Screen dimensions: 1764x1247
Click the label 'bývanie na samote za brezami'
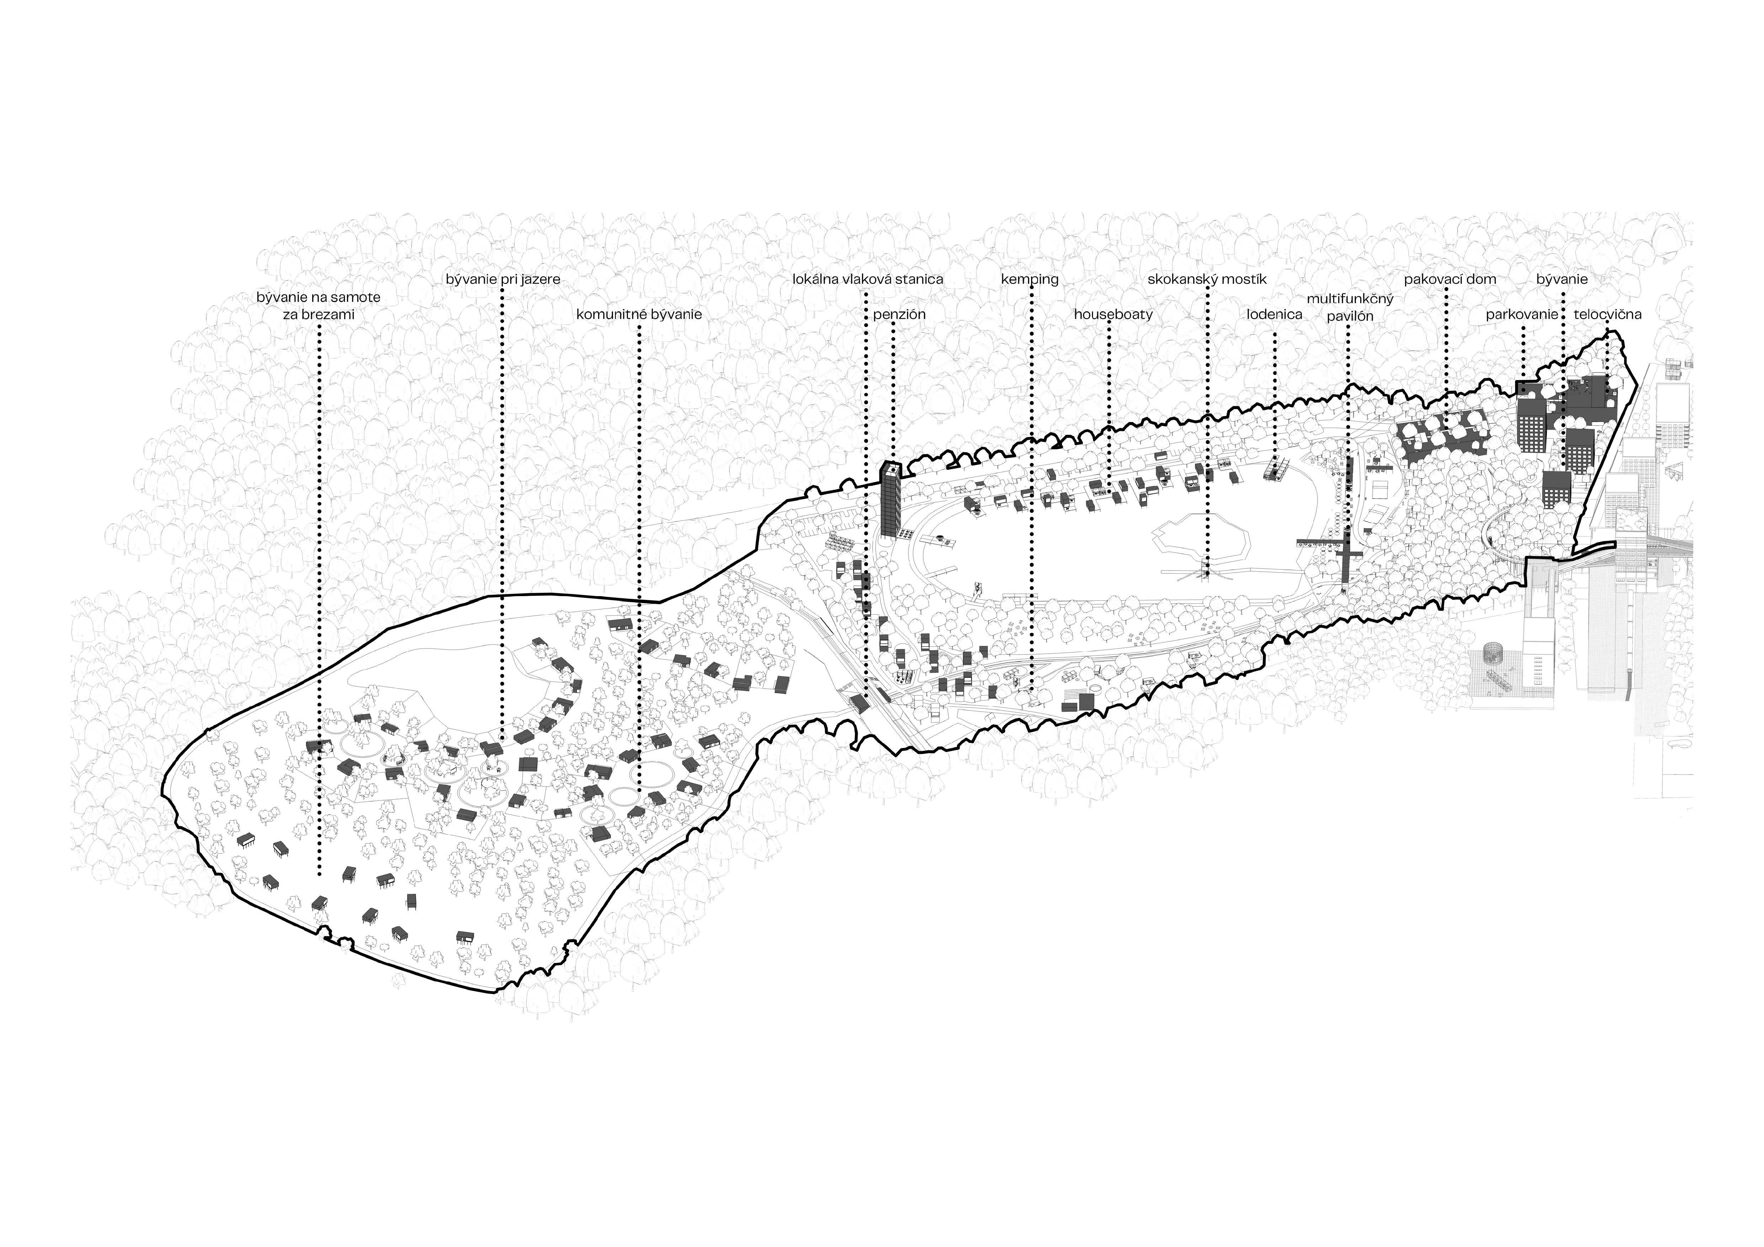(318, 306)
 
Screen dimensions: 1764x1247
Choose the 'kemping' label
(1029, 279)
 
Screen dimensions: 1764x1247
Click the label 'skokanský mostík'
(1207, 279)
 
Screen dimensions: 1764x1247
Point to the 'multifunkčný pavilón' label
(1350, 307)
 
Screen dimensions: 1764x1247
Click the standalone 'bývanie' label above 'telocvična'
(1562, 279)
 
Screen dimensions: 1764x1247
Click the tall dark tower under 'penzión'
(891, 499)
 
